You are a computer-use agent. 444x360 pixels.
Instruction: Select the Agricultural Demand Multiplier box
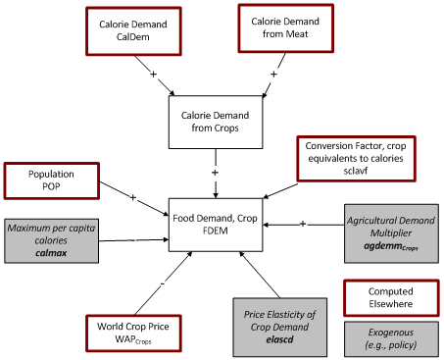389,231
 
